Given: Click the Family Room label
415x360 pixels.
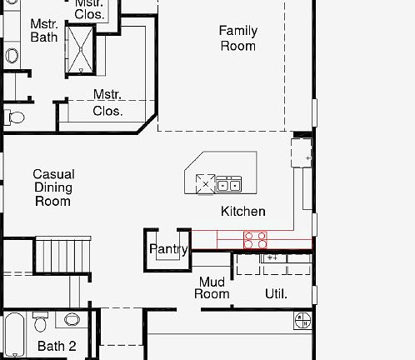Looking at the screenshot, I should (x=237, y=38).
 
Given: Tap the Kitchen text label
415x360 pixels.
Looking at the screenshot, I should (x=242, y=212).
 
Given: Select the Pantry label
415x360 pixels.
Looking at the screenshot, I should (x=167, y=249).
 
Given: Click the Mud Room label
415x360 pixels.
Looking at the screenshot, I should (x=212, y=287).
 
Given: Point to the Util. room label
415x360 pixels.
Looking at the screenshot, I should (x=276, y=293).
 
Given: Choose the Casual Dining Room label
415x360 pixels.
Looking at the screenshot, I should (x=52, y=187).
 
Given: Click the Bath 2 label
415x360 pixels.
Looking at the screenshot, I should (x=57, y=346).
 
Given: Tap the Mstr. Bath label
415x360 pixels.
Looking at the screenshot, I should (x=43, y=31).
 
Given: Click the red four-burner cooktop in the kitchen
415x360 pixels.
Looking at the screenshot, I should (x=255, y=240).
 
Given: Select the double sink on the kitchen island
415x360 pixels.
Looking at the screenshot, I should (x=229, y=184).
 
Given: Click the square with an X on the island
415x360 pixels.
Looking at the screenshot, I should (x=205, y=183).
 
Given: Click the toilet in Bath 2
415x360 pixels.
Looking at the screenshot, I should (x=72, y=319).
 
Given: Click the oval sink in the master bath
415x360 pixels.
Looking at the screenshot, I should (x=12, y=56).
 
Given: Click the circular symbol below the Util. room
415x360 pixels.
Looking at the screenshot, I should (x=302, y=319).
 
